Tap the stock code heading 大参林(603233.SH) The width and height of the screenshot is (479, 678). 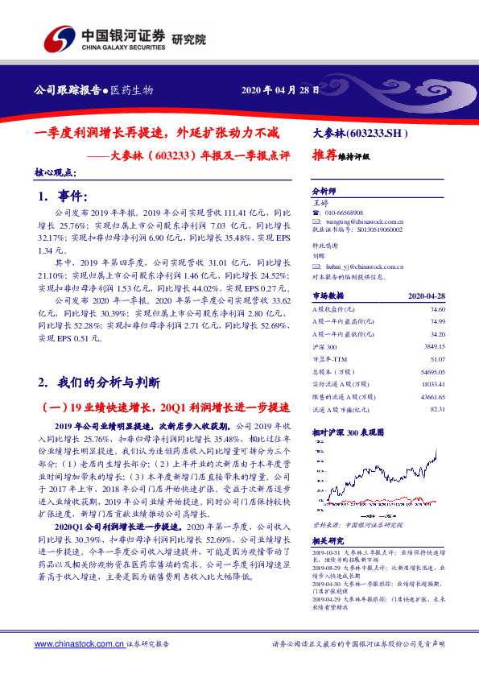pyautogui.click(x=361, y=133)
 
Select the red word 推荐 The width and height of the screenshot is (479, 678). pyautogui.click(x=324, y=158)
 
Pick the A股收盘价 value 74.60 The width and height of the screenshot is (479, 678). pyautogui.click(x=437, y=309)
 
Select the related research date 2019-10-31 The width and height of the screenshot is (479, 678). pyautogui.click(x=326, y=553)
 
